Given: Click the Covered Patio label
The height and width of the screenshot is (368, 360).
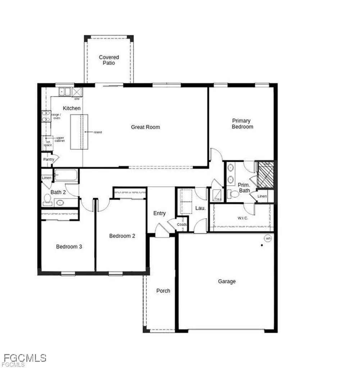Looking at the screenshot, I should click(109, 60).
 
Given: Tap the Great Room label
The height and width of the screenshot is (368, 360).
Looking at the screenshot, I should click(145, 127).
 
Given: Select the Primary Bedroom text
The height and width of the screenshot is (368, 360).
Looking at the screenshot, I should click(242, 124).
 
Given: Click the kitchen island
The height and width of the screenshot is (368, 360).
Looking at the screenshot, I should click(79, 132).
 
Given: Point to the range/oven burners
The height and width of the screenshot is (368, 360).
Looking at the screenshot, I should click(46, 116).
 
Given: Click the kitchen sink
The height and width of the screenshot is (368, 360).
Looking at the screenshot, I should click(65, 92).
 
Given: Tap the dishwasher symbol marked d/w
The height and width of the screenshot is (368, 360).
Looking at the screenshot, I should click(77, 92).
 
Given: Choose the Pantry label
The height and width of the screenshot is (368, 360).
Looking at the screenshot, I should click(49, 159).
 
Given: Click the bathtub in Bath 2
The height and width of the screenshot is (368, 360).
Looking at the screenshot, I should click(66, 175).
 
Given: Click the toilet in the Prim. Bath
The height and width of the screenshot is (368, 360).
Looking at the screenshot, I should click(234, 194).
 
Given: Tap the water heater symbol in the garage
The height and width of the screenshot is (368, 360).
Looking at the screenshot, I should click(268, 238).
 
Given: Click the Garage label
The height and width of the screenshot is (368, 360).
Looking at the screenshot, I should click(227, 281).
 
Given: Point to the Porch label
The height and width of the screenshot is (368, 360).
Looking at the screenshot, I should click(163, 291).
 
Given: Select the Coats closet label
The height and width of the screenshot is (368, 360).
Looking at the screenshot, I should click(182, 225).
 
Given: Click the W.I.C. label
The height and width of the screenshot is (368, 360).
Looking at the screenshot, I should click(242, 218).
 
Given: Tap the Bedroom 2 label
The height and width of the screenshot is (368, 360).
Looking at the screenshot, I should click(122, 236).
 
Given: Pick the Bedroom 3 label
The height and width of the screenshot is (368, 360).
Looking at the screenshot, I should click(69, 247).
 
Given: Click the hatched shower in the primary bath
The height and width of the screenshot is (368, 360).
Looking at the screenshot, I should click(266, 175).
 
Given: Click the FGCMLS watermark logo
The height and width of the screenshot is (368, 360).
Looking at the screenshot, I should click(25, 358).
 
